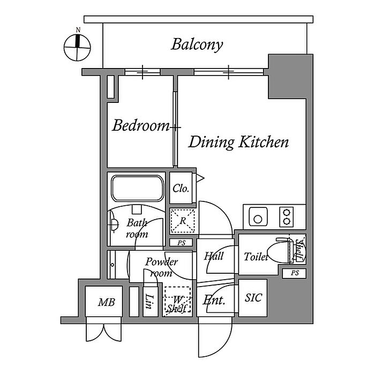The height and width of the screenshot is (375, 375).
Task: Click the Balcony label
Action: coord(197,44)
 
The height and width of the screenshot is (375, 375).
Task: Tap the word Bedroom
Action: coord(140,126)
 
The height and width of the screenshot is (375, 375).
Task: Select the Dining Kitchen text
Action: coord(239,142)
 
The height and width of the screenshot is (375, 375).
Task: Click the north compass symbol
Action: coord(77,47)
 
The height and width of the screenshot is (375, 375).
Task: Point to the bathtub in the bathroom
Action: coord(137,189)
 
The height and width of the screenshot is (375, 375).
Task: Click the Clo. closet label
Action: coord(181,189)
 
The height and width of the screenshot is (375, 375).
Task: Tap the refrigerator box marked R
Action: coord(182,220)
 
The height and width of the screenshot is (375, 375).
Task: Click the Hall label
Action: coord(214,256)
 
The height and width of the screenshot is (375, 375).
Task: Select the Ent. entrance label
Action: coord(214,301)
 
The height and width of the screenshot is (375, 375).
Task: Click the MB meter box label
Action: coord(106,303)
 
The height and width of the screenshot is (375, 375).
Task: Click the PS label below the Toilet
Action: coord(294,273)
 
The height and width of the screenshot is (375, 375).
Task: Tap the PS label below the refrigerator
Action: coord(181,243)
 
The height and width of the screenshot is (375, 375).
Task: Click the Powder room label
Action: coord(161,267)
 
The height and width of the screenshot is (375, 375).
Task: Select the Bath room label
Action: coord(137,229)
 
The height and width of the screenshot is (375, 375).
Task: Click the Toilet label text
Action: coord(256,257)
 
